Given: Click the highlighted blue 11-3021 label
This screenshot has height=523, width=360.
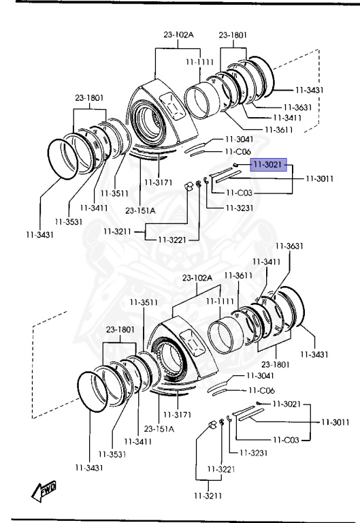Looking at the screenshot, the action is pyautogui.click(x=268, y=164).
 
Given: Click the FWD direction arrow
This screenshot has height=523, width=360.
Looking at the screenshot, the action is pyautogui.click(x=44, y=491).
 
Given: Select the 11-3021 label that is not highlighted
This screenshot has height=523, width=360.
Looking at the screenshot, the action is pyautogui.click(x=287, y=404).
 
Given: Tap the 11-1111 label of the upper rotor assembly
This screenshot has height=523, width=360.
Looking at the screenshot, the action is pyautogui.click(x=199, y=62).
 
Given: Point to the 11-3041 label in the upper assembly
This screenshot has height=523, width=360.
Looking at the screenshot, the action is pyautogui.click(x=240, y=139).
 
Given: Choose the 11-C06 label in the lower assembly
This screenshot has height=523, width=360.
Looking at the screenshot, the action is pyautogui.click(x=262, y=390).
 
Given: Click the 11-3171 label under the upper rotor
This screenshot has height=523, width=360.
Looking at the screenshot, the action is pyautogui.click(x=159, y=183).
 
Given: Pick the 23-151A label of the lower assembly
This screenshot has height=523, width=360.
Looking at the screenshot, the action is pyautogui.click(x=159, y=428).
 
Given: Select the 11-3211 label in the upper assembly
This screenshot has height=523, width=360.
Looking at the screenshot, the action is pyautogui.click(x=117, y=231).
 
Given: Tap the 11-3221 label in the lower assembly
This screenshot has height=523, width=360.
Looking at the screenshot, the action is pyautogui.click(x=221, y=469).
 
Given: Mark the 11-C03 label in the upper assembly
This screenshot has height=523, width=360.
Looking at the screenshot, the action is pyautogui.click(x=239, y=193).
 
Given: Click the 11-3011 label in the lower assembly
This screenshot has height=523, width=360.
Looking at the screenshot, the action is pyautogui.click(x=336, y=422).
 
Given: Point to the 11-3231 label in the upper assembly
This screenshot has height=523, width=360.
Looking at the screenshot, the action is pyautogui.click(x=240, y=208).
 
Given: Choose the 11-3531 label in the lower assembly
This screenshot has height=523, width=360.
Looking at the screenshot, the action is pyautogui.click(x=112, y=454).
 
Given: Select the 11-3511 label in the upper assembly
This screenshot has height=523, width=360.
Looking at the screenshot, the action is pyautogui.click(x=114, y=193).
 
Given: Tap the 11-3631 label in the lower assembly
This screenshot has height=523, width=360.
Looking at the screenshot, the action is pyautogui.click(x=289, y=246).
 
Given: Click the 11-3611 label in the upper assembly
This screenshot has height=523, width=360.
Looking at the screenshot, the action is pyautogui.click(x=278, y=129).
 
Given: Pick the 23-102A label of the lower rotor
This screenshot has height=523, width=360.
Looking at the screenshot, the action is pyautogui.click(x=197, y=278).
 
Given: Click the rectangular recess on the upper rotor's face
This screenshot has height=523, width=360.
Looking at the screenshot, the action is pyautogui.click(x=173, y=106).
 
